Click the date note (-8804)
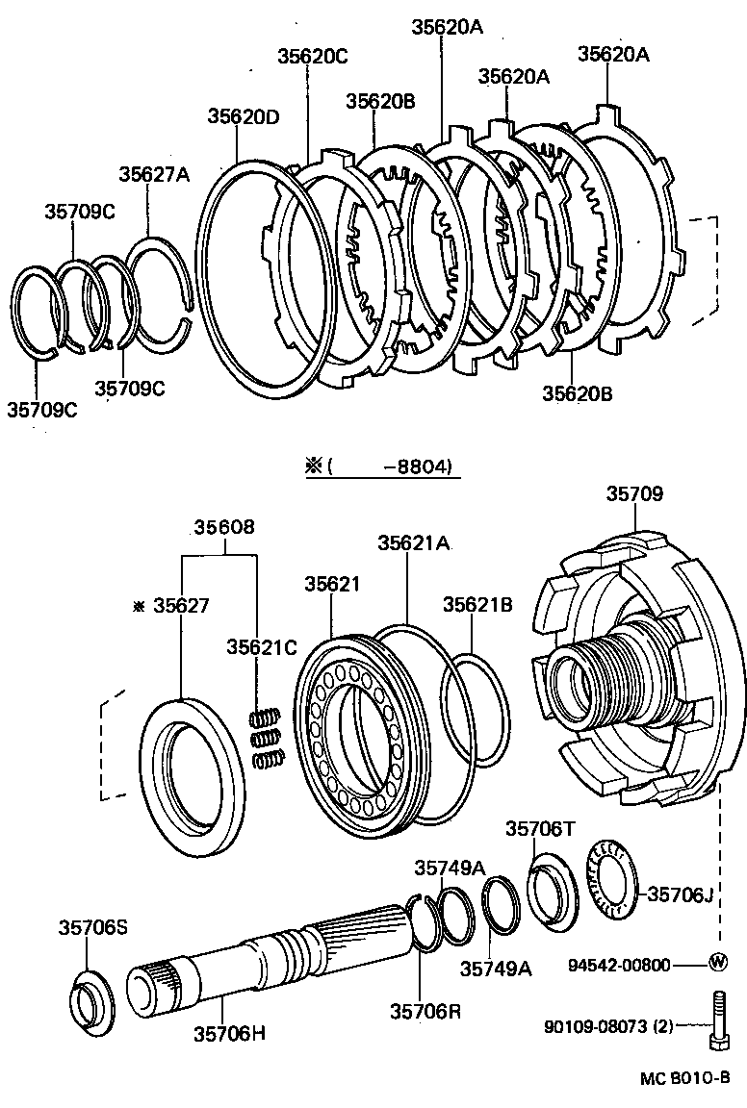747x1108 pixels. tap(390, 467)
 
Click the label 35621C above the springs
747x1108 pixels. tap(262, 646)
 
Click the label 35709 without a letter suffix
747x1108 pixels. tap(634, 494)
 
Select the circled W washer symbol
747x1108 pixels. tap(717, 963)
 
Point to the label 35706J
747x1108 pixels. tap(680, 894)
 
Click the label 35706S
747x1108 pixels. tap(92, 927)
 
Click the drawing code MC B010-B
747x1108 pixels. tap(685, 1078)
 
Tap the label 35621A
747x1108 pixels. tap(413, 542)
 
